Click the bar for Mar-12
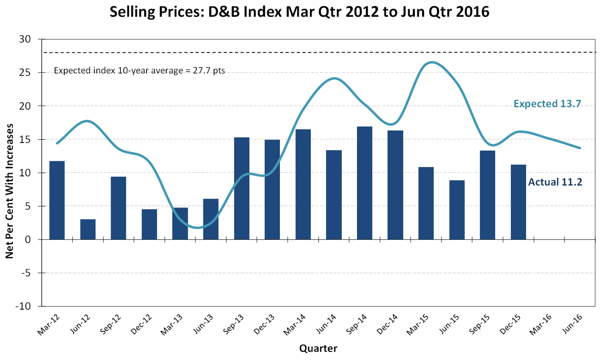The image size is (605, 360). (x=57, y=200)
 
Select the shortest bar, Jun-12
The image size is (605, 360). (x=88, y=229)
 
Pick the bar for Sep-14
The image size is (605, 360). (x=365, y=183)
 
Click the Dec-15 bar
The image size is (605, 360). (x=518, y=202)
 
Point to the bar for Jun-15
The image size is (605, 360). (x=457, y=210)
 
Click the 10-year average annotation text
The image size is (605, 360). (x=139, y=71)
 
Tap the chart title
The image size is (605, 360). (x=299, y=11)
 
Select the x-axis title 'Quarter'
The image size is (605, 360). (x=318, y=349)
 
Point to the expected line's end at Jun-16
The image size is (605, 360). (x=580, y=148)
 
